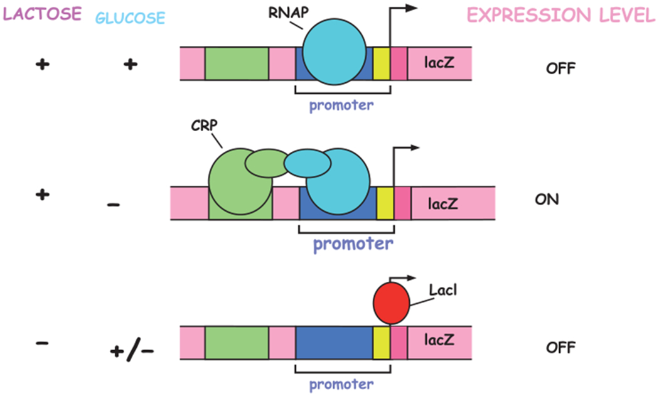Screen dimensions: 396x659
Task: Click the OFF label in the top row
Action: pyautogui.click(x=560, y=67)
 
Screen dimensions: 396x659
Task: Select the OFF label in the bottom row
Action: pyautogui.click(x=560, y=346)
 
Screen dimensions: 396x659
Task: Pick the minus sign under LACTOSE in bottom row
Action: pyautogui.click(x=41, y=345)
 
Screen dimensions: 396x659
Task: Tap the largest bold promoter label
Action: pyautogui.click(x=353, y=242)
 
